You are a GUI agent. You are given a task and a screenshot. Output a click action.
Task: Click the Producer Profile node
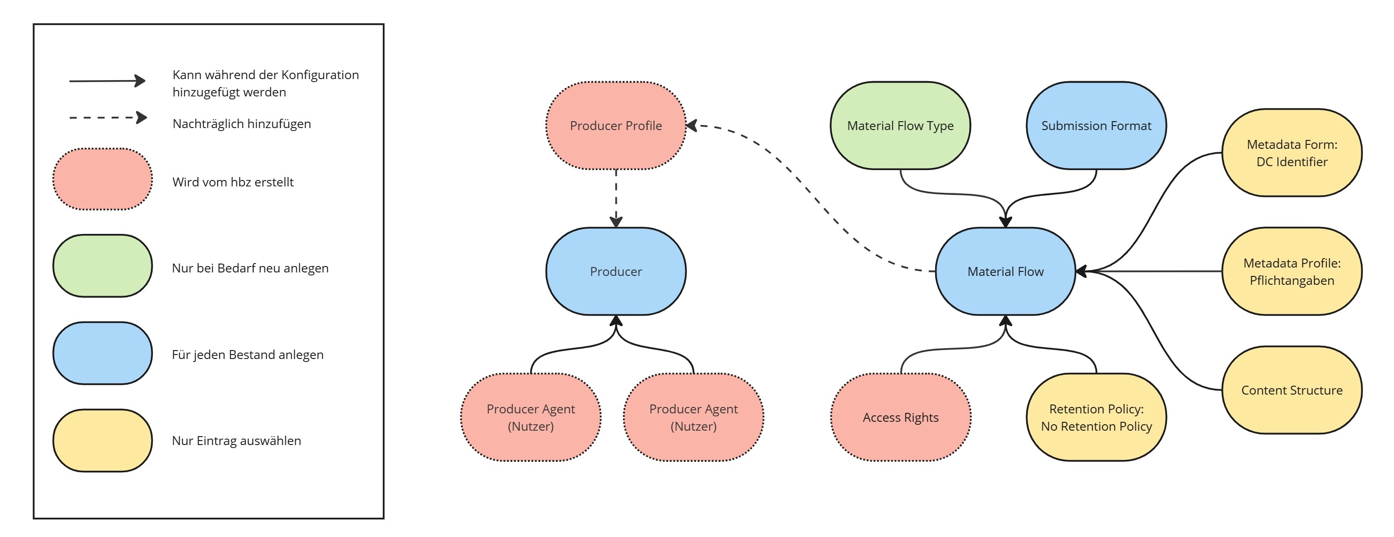[x=616, y=126]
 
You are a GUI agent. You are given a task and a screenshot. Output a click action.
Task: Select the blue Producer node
[x=616, y=271]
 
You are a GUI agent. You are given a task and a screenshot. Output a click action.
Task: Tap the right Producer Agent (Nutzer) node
[x=693, y=417]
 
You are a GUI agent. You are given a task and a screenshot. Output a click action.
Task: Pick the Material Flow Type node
[x=900, y=126]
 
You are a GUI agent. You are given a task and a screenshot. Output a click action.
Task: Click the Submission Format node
[x=1096, y=126]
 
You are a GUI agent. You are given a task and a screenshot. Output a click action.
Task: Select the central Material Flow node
[x=1005, y=271]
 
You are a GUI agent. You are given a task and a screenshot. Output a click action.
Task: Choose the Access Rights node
[x=900, y=417]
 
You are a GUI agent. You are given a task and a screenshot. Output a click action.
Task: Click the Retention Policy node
[x=1096, y=417]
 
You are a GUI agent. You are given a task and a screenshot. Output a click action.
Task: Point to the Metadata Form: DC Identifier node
[x=1292, y=153]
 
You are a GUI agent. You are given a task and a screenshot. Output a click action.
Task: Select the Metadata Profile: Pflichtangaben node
[x=1292, y=271]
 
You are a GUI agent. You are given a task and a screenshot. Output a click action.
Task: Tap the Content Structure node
[x=1292, y=390]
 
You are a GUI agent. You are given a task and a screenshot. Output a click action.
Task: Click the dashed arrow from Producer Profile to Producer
[x=616, y=198]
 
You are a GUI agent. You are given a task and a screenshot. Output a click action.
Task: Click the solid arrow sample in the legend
[x=107, y=81]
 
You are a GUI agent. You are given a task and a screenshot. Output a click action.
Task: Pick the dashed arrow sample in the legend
[x=107, y=118]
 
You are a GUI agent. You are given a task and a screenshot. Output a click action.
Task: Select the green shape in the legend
[x=102, y=266]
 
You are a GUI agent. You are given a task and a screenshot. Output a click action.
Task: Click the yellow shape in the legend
[x=102, y=440]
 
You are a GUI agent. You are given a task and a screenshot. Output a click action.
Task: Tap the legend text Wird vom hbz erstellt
[x=233, y=182]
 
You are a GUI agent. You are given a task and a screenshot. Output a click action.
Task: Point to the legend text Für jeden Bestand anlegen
[x=247, y=355]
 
